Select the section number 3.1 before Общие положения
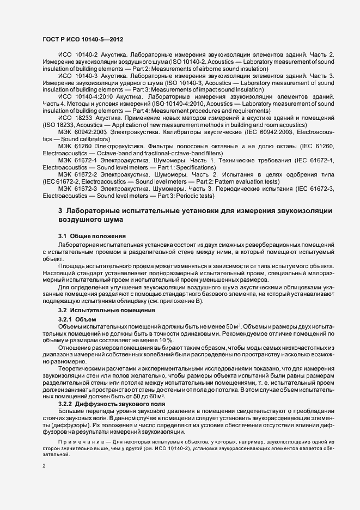pos(63,235)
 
